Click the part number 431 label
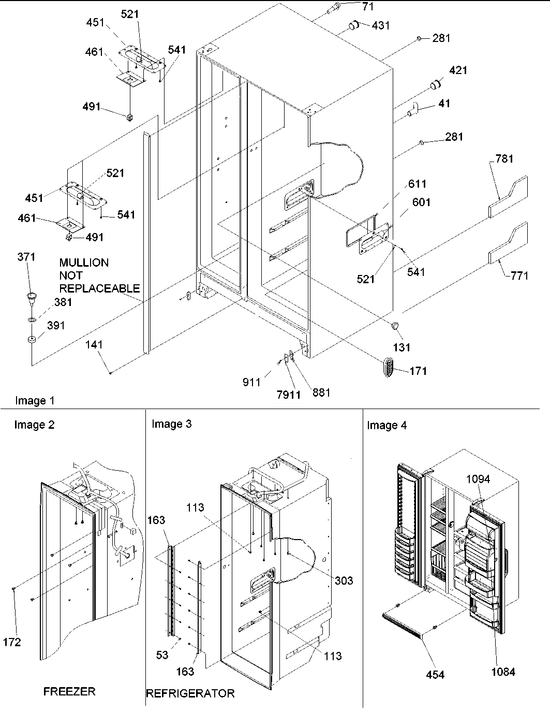[x=381, y=25]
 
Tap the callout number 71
[x=368, y=7]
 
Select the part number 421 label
[x=458, y=70]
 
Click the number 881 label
[x=320, y=393]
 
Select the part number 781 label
[x=504, y=158]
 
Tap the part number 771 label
[x=519, y=275]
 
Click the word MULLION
[x=84, y=263]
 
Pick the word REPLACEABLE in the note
[x=99, y=288]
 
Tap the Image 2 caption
[x=34, y=425]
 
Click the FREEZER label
[x=69, y=691]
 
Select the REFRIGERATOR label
[x=190, y=693]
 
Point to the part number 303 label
[x=343, y=580]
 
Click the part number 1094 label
[x=478, y=479]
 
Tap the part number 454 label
[x=435, y=674]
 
